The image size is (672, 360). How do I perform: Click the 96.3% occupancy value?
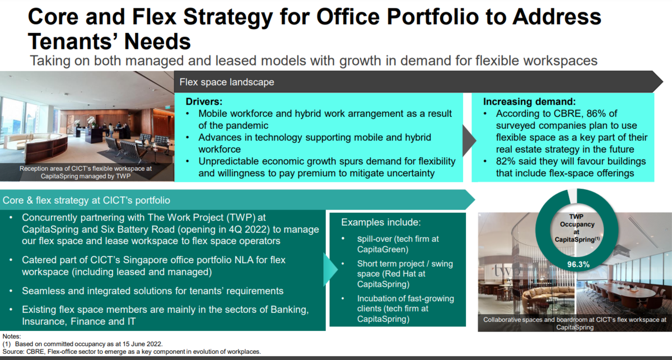pos(578,264)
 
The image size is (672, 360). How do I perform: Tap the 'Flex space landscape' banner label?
pos(227,82)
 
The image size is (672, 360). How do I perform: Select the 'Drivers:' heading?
pos(204,101)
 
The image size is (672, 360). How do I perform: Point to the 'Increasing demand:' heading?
pos(530,101)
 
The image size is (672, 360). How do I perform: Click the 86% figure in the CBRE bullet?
pos(596,114)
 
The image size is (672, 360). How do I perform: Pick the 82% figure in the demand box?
pos(506,161)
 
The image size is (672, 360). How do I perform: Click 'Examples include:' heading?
pos(381,222)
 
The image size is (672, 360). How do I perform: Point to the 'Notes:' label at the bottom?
pos(12,336)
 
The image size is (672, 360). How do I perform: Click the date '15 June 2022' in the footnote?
pos(141,344)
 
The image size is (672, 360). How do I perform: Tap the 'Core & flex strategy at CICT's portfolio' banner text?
pos(86,200)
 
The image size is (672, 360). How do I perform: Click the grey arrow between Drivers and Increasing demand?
pos(469,141)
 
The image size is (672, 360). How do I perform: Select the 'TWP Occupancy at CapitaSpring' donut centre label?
pos(577,228)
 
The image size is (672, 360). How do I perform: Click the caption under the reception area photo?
pos(86,172)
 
